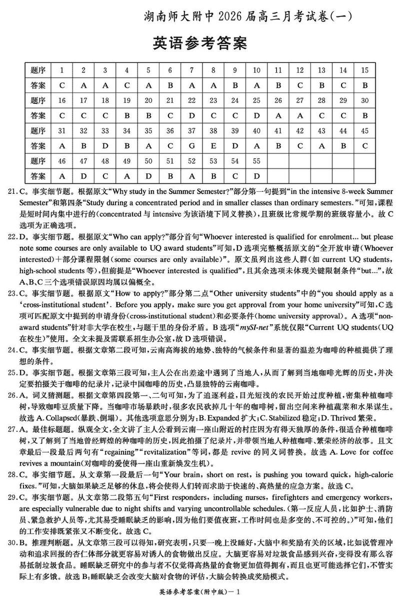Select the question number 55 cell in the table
pos(257,161)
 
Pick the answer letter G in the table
pos(192,146)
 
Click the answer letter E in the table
pos(213,146)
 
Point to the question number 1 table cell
pos(62,70)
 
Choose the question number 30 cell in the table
pos(365,100)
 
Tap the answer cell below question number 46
pos(62,176)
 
